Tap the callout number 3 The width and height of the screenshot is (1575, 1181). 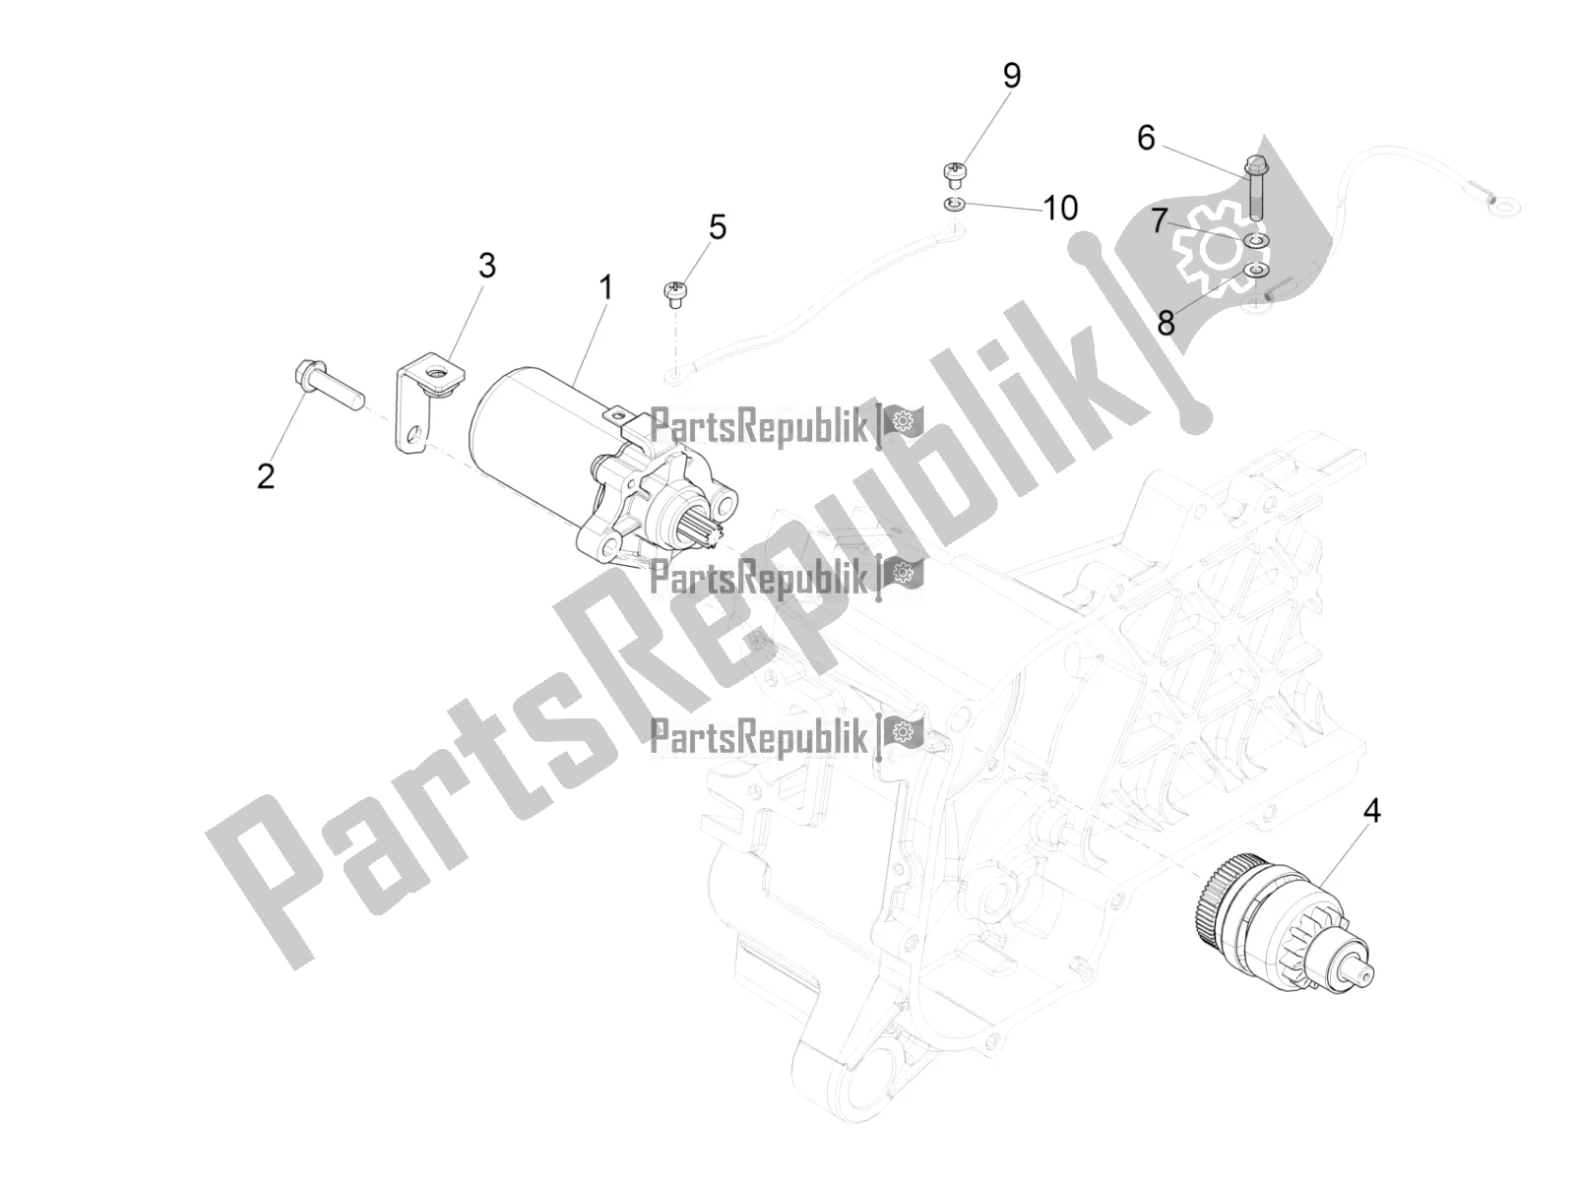pyautogui.click(x=487, y=266)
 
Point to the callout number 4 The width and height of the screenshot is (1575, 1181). pyautogui.click(x=1372, y=811)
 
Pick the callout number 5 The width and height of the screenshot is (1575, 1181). pyautogui.click(x=718, y=227)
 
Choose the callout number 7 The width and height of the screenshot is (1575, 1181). pyautogui.click(x=1160, y=220)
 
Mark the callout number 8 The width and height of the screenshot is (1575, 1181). pyautogui.click(x=1166, y=324)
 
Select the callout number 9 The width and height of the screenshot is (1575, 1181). pyautogui.click(x=1012, y=76)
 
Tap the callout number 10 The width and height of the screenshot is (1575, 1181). pyautogui.click(x=1060, y=208)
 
